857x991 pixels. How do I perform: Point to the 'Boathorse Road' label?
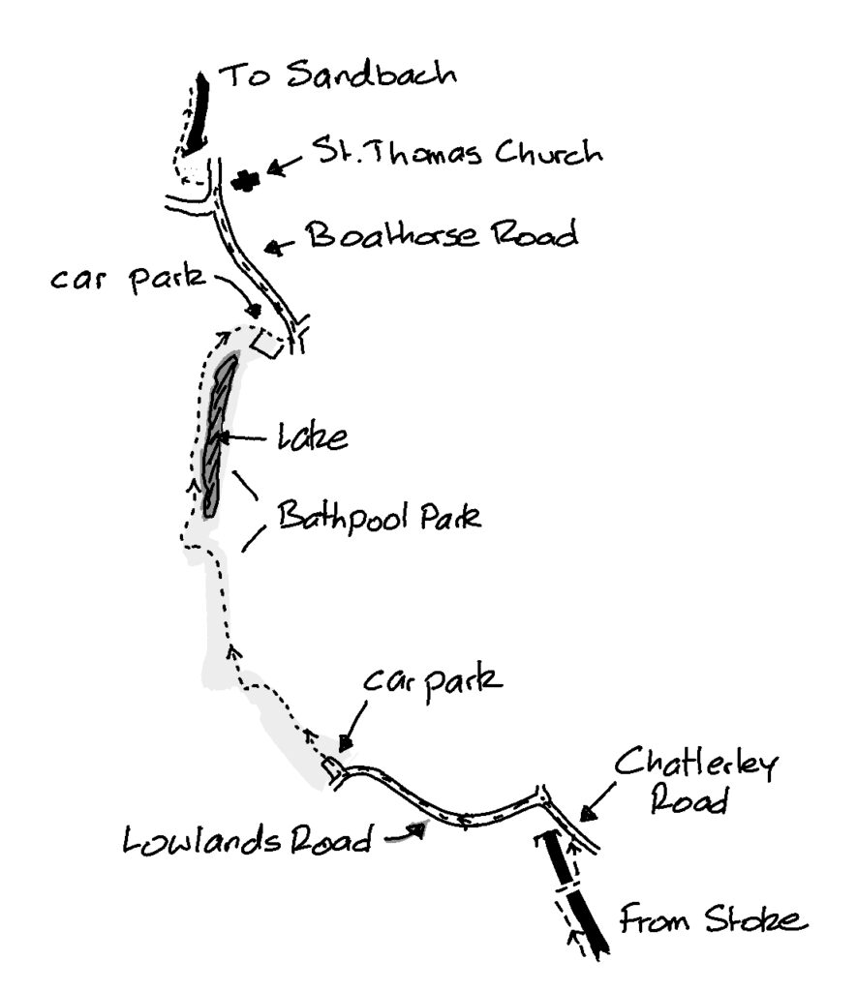tap(442, 235)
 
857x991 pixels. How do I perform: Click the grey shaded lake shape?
tap(220, 431)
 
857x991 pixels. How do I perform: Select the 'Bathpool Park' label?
tap(380, 518)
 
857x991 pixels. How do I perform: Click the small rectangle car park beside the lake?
tap(268, 344)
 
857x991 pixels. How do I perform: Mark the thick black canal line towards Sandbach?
tap(199, 111)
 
